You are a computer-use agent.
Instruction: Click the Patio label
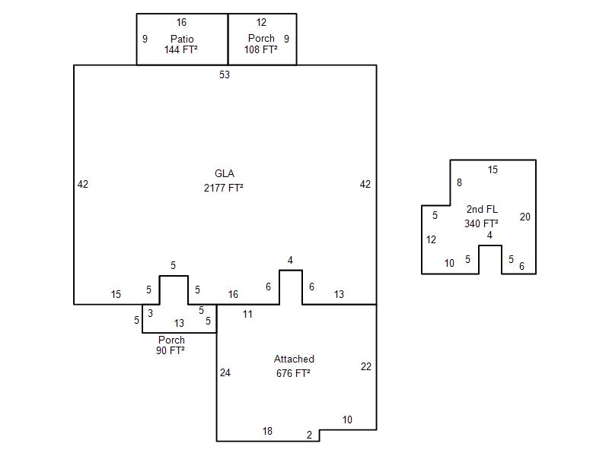(x=182, y=39)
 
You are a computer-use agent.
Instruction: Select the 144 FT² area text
(x=181, y=49)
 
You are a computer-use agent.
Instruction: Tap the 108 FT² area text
(x=261, y=49)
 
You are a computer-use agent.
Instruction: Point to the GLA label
(x=225, y=174)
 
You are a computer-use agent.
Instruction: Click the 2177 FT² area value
(x=225, y=187)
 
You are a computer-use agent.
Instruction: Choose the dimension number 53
(x=225, y=74)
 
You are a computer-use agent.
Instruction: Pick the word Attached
(x=294, y=359)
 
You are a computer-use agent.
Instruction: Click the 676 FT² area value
(x=293, y=372)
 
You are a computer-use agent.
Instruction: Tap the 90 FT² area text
(x=171, y=350)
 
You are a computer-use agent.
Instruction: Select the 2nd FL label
(x=482, y=209)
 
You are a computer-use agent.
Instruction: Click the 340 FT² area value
(x=482, y=223)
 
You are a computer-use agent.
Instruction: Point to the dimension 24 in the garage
(x=225, y=372)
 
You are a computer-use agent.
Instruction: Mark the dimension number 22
(x=366, y=366)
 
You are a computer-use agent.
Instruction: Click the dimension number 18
(x=267, y=431)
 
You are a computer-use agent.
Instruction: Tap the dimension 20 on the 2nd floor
(x=525, y=217)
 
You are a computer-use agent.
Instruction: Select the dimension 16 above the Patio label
(x=181, y=23)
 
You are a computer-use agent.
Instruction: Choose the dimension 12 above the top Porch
(x=261, y=23)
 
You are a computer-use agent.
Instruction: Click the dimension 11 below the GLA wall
(x=247, y=314)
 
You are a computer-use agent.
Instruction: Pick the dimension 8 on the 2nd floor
(x=459, y=182)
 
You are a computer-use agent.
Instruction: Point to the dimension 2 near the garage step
(x=309, y=435)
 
